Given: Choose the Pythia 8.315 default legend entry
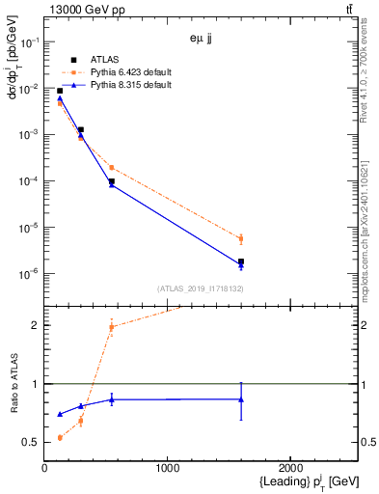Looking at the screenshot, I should coord(130,85).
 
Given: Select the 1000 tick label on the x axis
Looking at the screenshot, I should coord(168,469).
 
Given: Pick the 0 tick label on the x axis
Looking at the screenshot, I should coord(44,469).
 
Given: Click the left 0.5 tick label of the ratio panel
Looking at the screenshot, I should coord(32,443).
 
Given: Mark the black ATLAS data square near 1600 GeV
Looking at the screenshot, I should coord(241,261).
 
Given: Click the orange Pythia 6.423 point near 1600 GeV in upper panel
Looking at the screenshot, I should coord(241,238).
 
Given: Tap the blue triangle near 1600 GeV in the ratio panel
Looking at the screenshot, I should coord(241,399).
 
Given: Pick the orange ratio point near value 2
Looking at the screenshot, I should coord(112,327).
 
